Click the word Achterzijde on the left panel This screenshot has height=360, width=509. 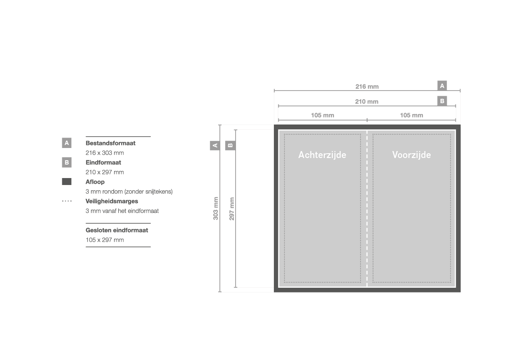(322, 155)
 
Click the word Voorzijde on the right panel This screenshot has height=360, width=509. (411, 155)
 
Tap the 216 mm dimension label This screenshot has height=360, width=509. (367, 87)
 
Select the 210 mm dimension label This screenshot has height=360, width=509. (367, 101)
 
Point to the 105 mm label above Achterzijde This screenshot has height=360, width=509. (322, 115)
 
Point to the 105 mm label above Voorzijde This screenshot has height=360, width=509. (411, 115)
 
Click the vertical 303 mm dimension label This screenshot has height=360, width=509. (216, 209)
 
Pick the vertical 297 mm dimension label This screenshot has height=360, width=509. (232, 209)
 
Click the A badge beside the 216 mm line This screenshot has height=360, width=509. (442, 86)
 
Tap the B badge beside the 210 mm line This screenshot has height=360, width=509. (442, 101)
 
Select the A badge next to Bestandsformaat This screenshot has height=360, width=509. (67, 143)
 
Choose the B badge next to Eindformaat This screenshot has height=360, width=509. (67, 162)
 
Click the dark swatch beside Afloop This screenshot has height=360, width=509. (67, 182)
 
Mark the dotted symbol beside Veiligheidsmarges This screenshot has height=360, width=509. (67, 201)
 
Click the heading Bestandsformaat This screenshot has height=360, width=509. (110, 143)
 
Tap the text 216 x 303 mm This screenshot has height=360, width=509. (104, 153)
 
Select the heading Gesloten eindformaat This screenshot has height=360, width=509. (117, 230)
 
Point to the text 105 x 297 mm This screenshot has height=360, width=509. (104, 240)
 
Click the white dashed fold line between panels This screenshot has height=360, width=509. (367, 209)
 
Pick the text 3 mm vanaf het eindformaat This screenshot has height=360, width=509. (122, 211)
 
